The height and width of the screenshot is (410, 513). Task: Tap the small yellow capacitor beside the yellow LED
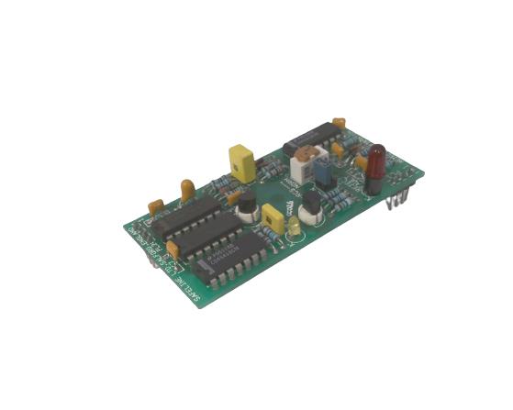273,219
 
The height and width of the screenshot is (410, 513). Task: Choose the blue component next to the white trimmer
324,172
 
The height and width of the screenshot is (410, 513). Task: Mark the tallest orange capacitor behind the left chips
187,190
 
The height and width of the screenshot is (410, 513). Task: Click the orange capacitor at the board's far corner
339,121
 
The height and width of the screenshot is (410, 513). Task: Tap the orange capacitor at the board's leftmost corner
156,206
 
